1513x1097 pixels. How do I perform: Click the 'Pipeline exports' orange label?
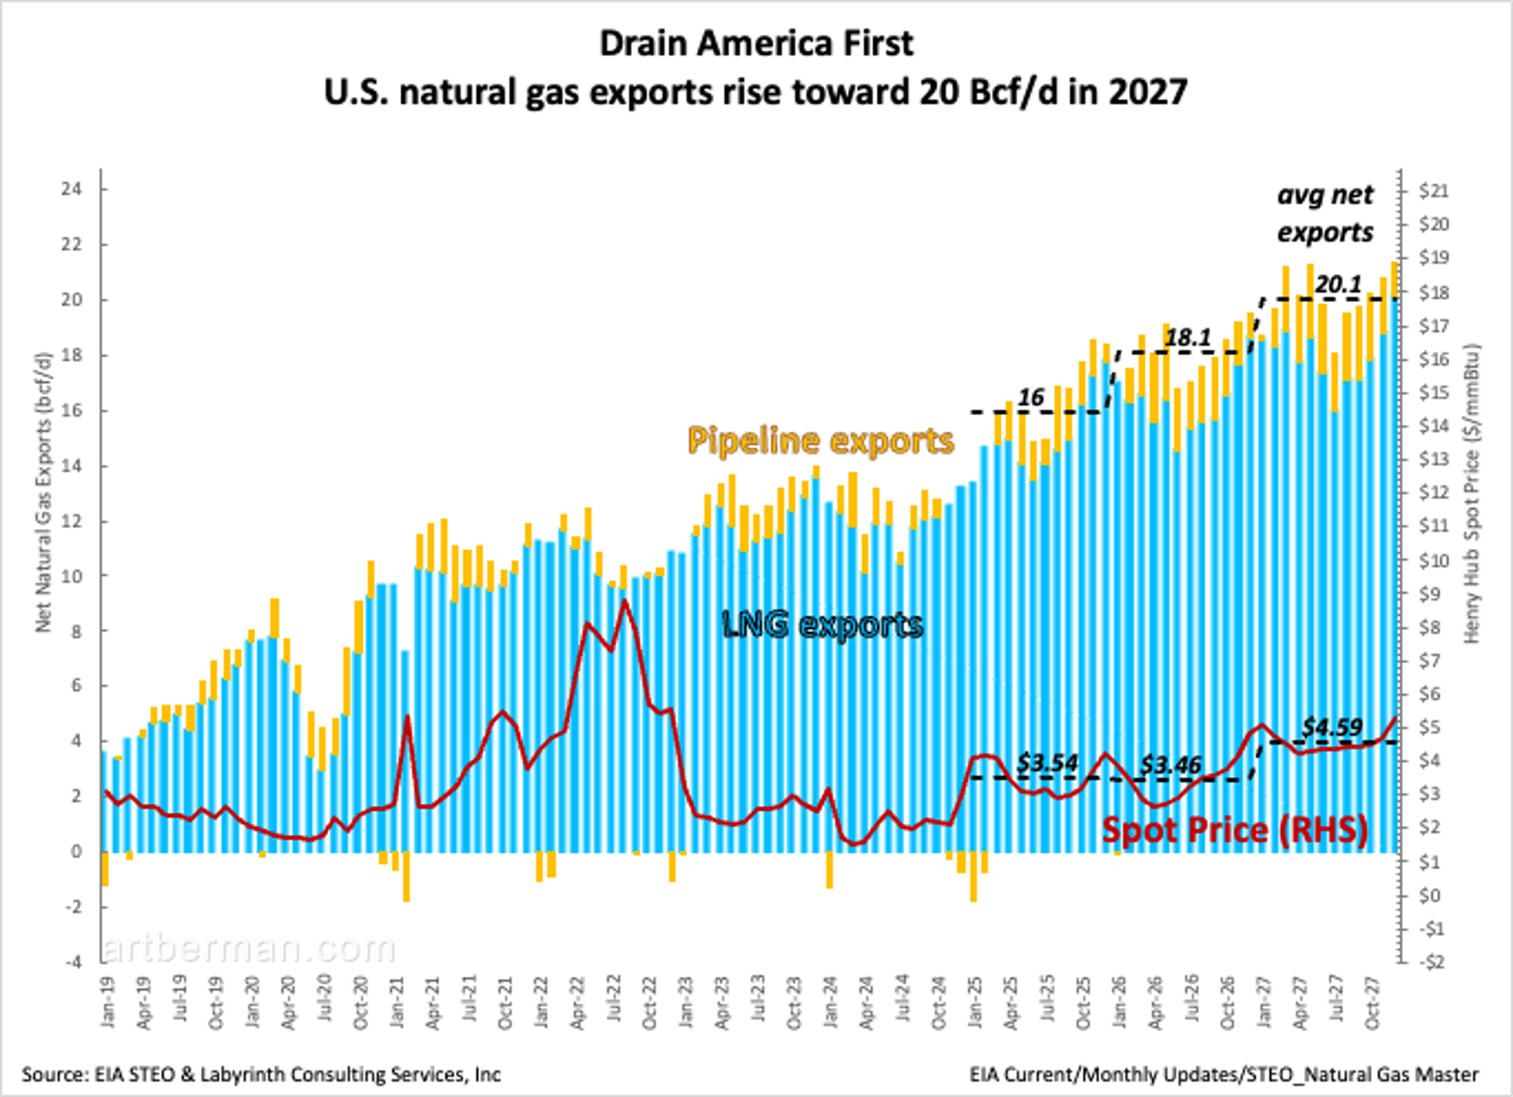coord(821,441)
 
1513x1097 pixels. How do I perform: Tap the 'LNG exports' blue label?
coord(823,625)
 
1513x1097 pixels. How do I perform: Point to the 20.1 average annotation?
coord(1338,285)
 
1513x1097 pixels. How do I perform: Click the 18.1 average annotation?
coord(1188,338)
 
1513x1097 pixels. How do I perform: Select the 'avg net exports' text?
coord(1325,214)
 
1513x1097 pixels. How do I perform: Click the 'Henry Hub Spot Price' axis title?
coord(1472,494)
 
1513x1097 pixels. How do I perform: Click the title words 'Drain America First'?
coord(756,44)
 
